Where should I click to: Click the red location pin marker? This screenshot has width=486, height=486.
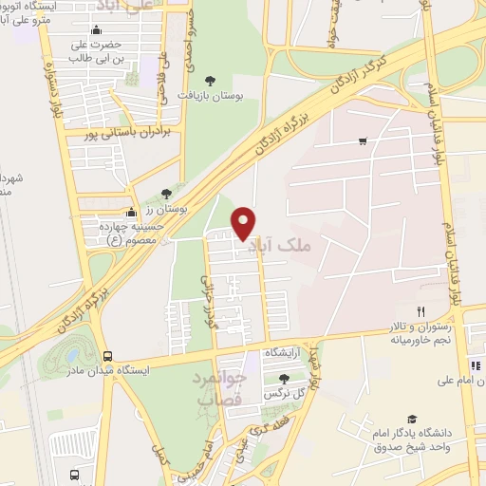tap(244, 222)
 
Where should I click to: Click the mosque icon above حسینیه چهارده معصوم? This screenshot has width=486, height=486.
tap(130, 211)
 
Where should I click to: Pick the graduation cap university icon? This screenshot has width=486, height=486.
tap(412, 419)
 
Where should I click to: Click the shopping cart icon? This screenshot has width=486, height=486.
tap(363, 141)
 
